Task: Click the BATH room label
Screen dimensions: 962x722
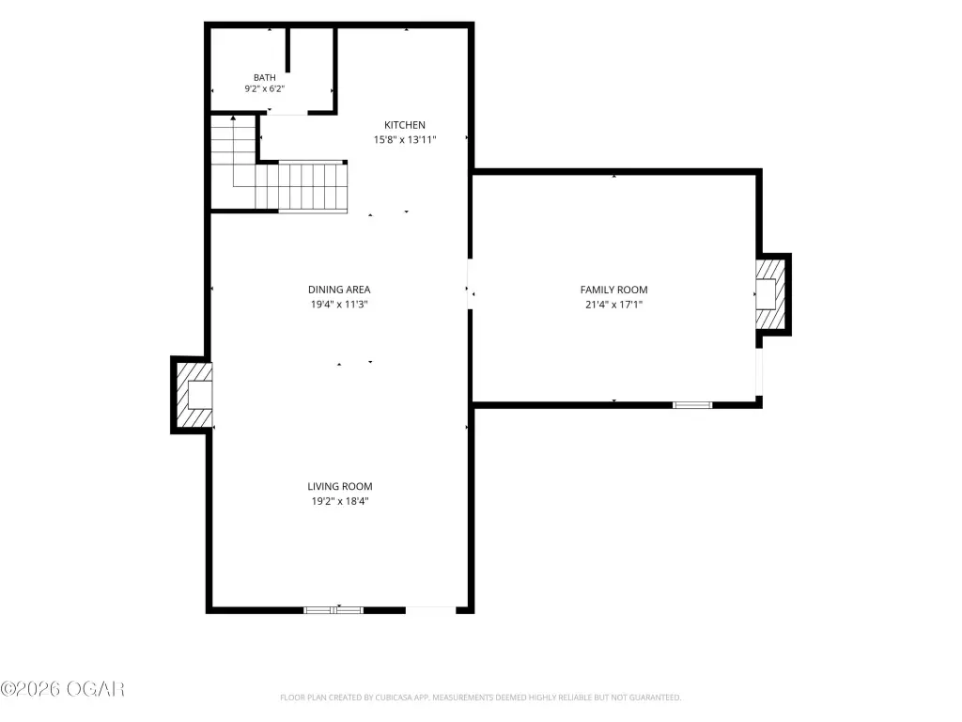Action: pyautogui.click(x=264, y=77)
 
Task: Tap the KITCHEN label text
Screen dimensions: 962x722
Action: pyautogui.click(x=404, y=125)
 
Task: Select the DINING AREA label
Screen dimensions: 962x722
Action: pyautogui.click(x=339, y=290)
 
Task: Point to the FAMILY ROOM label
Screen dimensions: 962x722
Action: pyautogui.click(x=614, y=290)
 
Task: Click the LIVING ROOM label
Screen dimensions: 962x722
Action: pyautogui.click(x=340, y=486)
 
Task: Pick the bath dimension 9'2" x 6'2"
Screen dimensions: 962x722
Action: pyautogui.click(x=264, y=88)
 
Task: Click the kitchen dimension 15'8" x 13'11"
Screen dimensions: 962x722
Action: pyautogui.click(x=405, y=139)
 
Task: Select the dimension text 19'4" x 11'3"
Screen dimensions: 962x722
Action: pyautogui.click(x=339, y=304)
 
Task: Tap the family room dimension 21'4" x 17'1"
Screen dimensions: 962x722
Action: pyautogui.click(x=614, y=304)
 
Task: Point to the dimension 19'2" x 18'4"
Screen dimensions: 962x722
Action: pyautogui.click(x=340, y=501)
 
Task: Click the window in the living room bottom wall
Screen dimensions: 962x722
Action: pyautogui.click(x=334, y=609)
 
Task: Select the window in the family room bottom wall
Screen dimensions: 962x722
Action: pyautogui.click(x=692, y=404)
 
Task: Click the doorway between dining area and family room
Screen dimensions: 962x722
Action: pyautogui.click(x=470, y=284)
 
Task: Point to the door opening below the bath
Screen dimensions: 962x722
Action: pyautogui.click(x=287, y=113)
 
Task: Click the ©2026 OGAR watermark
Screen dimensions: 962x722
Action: pyautogui.click(x=63, y=689)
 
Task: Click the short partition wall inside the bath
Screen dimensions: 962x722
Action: pyautogui.click(x=287, y=51)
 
